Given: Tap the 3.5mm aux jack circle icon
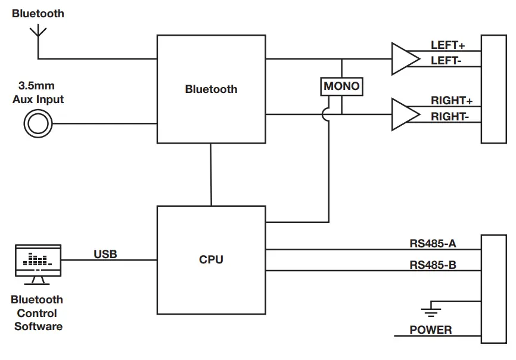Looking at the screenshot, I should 38,125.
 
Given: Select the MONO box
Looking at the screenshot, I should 341,86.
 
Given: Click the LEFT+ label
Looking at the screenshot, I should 447,45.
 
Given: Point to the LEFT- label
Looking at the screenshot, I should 446,60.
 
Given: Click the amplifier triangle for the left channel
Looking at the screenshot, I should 404,58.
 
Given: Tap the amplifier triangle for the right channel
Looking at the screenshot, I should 404,114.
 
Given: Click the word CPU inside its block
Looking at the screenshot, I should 211,260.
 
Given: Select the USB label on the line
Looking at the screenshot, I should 105,255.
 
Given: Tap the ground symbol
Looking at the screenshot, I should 430,308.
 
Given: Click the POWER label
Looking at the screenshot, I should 430,330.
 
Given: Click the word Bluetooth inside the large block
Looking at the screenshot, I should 211,89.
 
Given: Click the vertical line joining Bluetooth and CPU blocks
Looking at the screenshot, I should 211,174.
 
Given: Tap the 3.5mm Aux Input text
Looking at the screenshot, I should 38,92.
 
